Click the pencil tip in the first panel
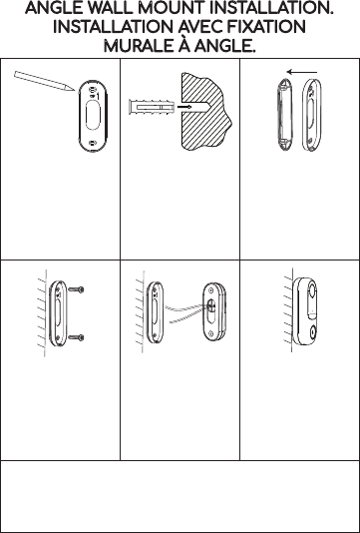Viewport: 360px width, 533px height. (73, 90)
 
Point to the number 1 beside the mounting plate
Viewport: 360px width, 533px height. (98, 97)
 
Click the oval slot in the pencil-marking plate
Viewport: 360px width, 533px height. (93, 116)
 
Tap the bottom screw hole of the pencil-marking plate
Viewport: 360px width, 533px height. (92, 143)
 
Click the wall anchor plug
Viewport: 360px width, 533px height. (152, 107)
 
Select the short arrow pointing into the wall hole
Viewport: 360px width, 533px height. (184, 107)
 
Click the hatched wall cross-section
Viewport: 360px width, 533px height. (205, 111)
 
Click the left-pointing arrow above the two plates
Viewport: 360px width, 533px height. (302, 72)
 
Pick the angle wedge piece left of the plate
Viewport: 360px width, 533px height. (284, 115)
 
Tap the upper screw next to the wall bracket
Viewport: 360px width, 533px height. (77, 289)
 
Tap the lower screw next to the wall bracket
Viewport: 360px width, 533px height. (77, 337)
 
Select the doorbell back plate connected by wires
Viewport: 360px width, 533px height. (214, 311)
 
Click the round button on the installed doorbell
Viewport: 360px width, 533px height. (312, 330)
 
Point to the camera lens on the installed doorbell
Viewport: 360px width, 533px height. (312, 288)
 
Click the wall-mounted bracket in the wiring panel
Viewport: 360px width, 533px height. (155, 312)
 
